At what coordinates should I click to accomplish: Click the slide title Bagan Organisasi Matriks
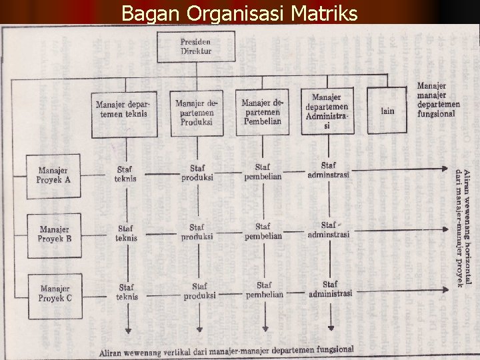coord(239,13)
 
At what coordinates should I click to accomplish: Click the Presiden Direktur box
coord(195,46)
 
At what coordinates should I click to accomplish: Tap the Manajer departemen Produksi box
coord(196,112)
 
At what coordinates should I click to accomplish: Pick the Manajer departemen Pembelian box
coord(262,111)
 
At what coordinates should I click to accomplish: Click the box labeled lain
coord(387,111)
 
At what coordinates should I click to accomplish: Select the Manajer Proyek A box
coord(54,176)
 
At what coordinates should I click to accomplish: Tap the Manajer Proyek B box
coord(54,234)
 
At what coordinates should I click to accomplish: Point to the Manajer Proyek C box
coord(54,293)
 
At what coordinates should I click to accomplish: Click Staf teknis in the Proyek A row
coord(125,174)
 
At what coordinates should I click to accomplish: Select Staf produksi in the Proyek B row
coord(197,232)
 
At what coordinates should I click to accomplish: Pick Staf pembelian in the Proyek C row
coord(264,290)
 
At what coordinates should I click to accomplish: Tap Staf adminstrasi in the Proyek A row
coord(328,171)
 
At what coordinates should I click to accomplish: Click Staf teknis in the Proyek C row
coord(126,292)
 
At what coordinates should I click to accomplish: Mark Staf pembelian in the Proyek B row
coord(263,231)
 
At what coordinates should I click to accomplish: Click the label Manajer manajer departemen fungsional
coord(438,99)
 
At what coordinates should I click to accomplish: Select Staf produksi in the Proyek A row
coord(197,173)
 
